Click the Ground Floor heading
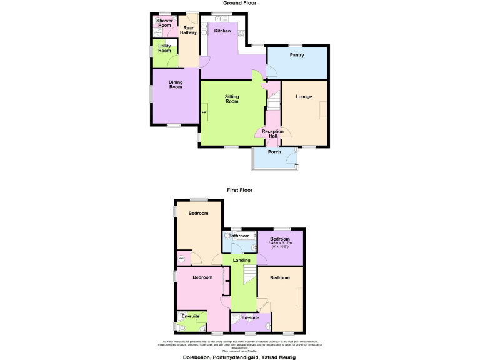point(239,3)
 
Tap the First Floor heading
point(239,190)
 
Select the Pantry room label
point(297,55)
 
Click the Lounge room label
point(304,96)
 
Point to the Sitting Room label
point(232,99)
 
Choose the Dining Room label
point(175,84)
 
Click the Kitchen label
point(222,31)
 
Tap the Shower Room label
point(164,23)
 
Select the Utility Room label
point(164,48)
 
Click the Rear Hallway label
point(189,30)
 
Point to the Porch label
point(274,152)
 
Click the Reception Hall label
point(273,134)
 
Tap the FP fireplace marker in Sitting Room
point(204,112)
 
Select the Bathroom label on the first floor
point(239,236)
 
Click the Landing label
point(241,260)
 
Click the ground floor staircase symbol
point(274,97)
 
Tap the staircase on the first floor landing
point(249,272)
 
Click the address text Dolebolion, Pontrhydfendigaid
point(239,357)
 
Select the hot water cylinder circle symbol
point(182,258)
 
